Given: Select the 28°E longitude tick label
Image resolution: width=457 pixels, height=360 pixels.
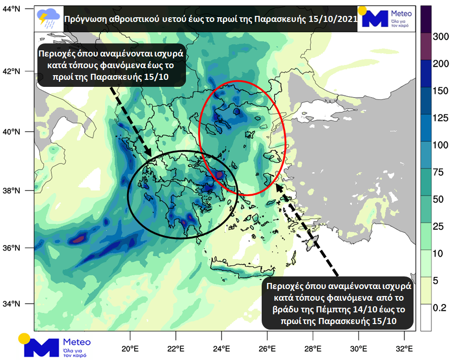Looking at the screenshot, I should coord(312,348).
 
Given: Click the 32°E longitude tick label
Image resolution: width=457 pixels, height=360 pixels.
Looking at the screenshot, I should coord(403,348).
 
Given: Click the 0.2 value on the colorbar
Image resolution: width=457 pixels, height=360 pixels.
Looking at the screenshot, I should coord(442,308).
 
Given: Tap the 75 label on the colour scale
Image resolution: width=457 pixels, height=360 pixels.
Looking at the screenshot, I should coord(442,173).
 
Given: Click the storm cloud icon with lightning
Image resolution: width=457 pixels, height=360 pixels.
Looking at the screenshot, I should coord(48,18).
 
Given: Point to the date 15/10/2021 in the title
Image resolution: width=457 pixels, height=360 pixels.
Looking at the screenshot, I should coord(333,19).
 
